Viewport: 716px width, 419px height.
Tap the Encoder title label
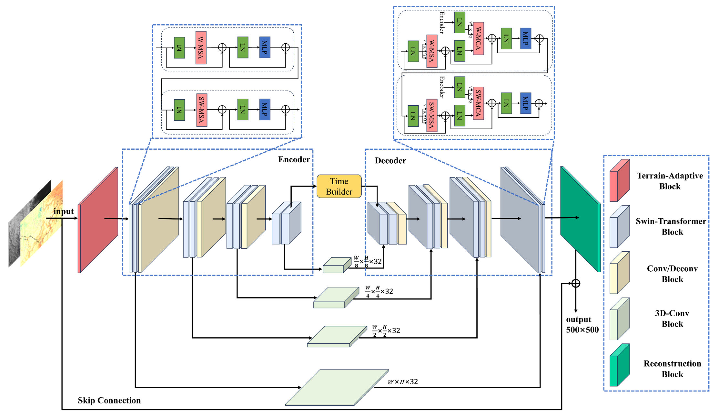pos(294,159)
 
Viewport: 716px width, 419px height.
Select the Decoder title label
pos(390,161)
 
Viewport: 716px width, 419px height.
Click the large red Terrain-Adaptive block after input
pos(98,220)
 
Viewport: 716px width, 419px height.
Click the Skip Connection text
pos(109,400)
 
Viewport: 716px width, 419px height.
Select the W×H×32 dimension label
pos(403,382)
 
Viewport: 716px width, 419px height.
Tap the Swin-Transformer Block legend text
pos(671,226)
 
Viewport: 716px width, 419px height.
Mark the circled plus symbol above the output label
pos(576,283)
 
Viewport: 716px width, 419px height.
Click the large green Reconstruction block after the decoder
pos(580,219)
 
